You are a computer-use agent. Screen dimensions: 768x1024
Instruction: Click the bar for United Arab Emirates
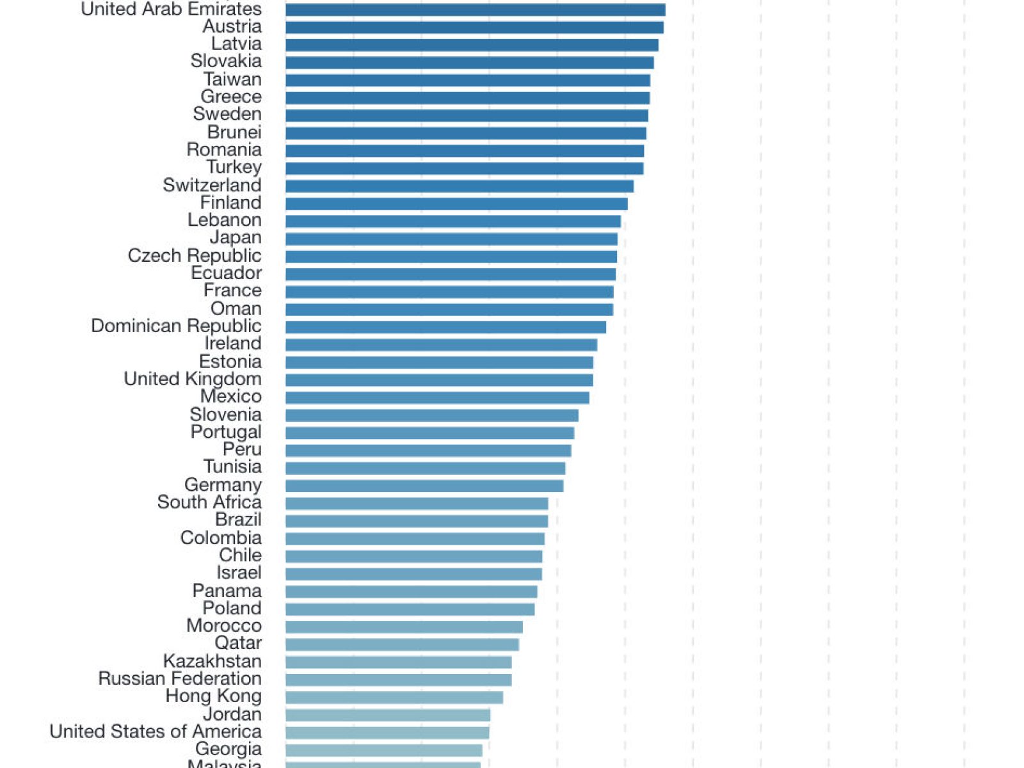click(475, 10)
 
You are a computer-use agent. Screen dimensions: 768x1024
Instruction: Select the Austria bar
click(474, 28)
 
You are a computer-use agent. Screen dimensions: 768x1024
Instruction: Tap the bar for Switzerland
click(460, 186)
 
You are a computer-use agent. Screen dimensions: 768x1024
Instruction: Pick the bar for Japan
click(451, 239)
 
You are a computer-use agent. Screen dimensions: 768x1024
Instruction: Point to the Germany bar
click(424, 486)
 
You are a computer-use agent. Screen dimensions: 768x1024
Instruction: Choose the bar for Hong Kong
click(394, 697)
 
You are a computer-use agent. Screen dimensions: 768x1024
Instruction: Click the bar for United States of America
click(387, 732)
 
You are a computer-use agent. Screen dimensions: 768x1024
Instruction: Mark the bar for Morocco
click(404, 627)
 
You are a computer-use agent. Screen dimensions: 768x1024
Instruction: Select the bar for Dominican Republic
click(445, 327)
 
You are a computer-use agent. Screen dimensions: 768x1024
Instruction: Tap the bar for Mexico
click(437, 397)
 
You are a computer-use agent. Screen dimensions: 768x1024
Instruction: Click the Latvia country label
click(236, 44)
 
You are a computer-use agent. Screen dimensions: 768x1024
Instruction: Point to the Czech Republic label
click(195, 255)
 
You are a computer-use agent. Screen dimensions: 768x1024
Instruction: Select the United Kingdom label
click(193, 379)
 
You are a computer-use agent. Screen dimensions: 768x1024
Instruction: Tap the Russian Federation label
click(180, 678)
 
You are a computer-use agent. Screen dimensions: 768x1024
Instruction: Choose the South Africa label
click(209, 502)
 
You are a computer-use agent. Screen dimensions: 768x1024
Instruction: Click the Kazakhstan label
click(212, 661)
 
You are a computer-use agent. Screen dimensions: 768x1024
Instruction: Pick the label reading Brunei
click(234, 132)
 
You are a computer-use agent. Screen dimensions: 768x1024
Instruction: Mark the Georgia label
click(228, 749)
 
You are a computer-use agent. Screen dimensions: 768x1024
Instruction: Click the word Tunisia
click(232, 467)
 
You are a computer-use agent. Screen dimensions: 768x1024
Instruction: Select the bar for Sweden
click(467, 115)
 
